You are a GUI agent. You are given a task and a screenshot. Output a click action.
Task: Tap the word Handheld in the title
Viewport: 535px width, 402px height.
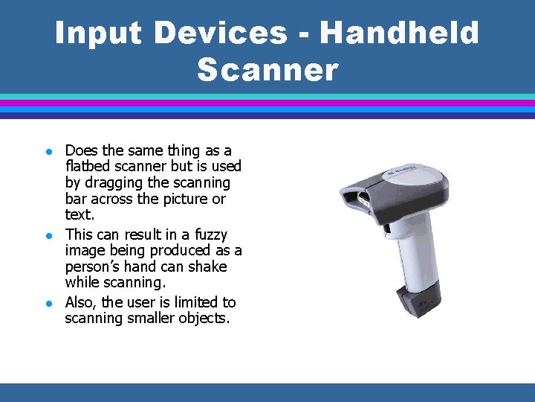click(x=401, y=33)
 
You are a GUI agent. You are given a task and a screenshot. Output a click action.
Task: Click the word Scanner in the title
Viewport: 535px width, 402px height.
click(x=267, y=71)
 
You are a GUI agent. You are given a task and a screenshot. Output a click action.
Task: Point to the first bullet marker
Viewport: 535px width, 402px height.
click(x=46, y=151)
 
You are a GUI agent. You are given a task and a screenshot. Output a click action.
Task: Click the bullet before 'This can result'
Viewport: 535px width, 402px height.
click(x=46, y=235)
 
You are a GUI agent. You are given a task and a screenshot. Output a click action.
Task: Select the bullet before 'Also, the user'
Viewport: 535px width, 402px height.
click(x=46, y=303)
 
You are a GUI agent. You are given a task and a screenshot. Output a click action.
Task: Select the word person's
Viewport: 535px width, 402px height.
click(x=94, y=267)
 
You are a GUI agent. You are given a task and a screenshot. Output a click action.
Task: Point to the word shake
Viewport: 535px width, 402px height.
click(x=208, y=267)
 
